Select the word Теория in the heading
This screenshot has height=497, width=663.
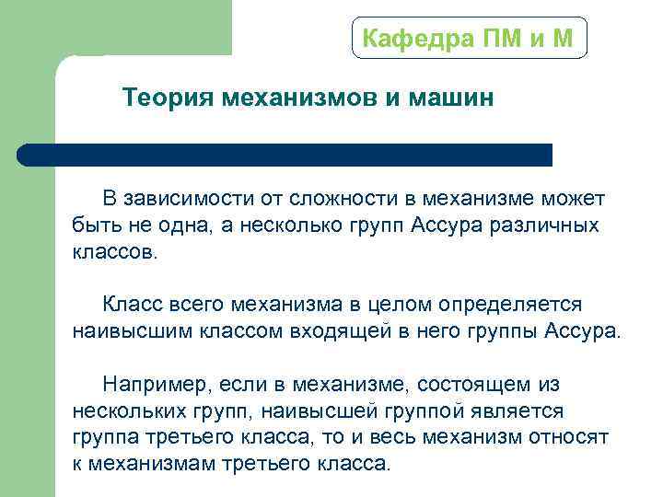[169, 98]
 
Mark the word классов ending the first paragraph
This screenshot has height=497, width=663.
[114, 252]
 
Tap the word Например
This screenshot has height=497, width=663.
[148, 384]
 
